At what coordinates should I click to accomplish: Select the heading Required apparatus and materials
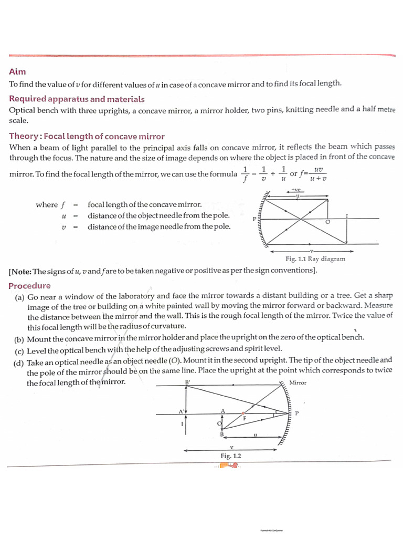[x=77, y=99]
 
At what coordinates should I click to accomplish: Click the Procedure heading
[x=29, y=286]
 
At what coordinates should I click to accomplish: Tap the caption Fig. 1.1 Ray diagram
[x=315, y=259]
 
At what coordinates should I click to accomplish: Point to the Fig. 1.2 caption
[x=231, y=456]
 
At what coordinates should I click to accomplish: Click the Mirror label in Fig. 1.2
[x=298, y=383]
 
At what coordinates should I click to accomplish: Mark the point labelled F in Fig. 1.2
[x=243, y=418]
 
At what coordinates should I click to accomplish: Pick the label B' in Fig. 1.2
[x=188, y=382]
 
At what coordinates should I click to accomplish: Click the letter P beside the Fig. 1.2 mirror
[x=296, y=413]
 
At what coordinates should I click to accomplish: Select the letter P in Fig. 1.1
[x=254, y=219]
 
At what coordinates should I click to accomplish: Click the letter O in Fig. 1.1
[x=328, y=223]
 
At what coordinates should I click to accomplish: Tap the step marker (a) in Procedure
[x=18, y=297]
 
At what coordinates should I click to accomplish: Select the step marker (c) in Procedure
[x=18, y=349]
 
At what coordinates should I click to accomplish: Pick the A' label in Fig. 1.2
[x=182, y=411]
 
